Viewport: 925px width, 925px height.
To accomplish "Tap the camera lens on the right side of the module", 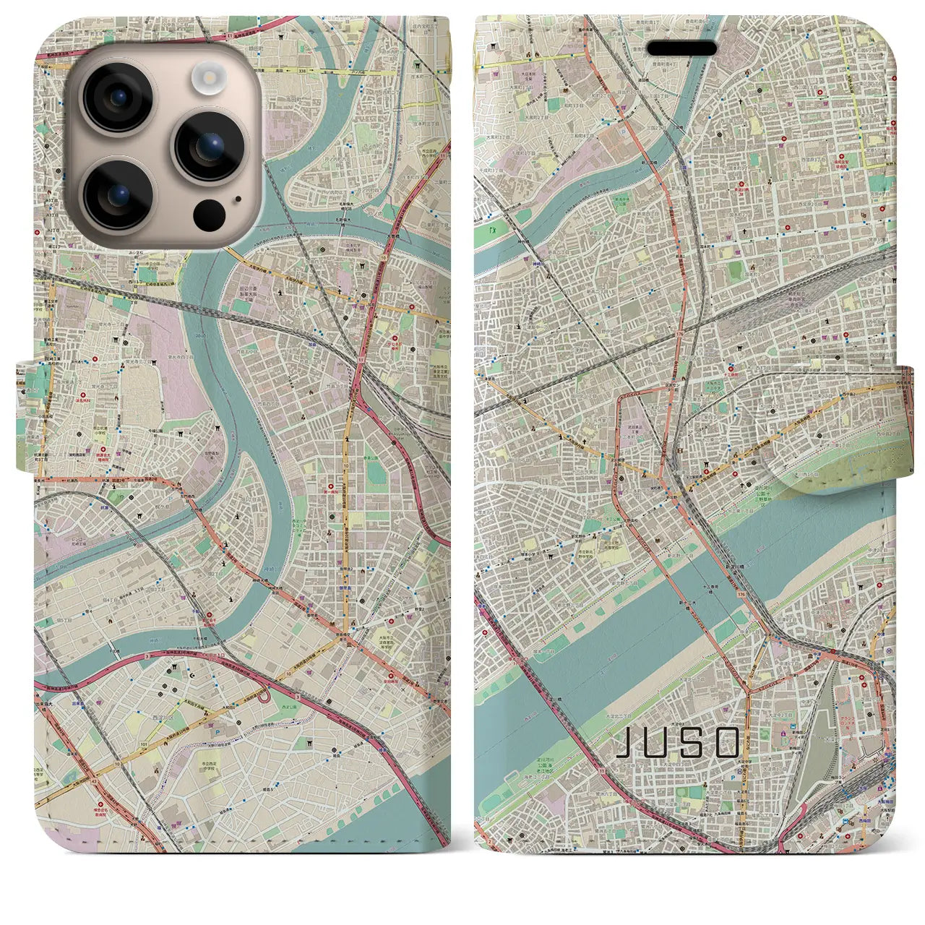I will pyautogui.click(x=210, y=147).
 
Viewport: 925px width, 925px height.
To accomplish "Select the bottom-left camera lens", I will pyautogui.click(x=117, y=194).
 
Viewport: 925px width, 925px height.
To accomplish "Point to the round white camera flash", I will pyautogui.click(x=210, y=76).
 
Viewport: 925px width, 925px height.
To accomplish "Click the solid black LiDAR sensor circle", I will pyautogui.click(x=209, y=214).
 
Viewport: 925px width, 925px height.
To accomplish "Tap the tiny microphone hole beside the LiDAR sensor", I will pyautogui.click(x=236, y=197).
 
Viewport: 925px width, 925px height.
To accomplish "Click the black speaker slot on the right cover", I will pyautogui.click(x=681, y=48).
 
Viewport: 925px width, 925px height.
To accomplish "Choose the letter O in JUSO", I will pyautogui.click(x=726, y=742).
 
